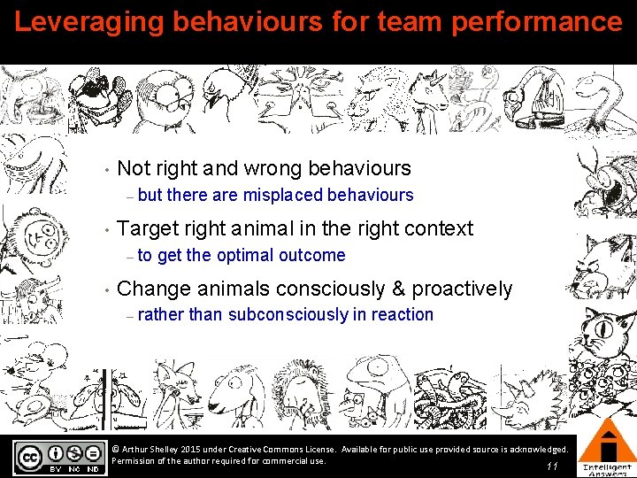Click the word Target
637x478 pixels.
coord(150,228)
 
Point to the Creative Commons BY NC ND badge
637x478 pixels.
coord(58,457)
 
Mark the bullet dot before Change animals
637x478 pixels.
coord(105,289)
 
